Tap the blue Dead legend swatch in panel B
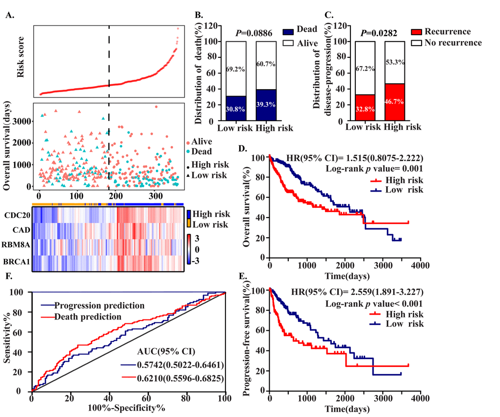pyautogui.click(x=288, y=30)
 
